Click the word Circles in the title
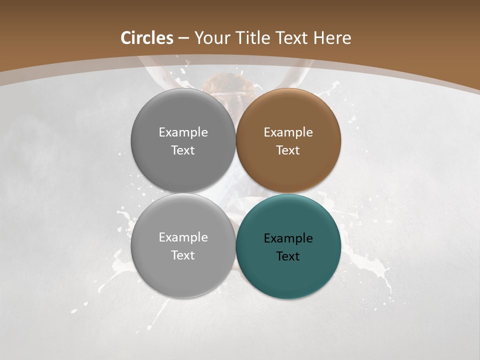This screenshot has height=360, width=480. coord(147,38)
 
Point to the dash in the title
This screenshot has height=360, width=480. coord(183,38)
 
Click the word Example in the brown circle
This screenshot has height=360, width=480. coord(288,132)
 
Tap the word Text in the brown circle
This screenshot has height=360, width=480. coord(288,150)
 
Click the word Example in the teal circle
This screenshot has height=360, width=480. coord(288,238)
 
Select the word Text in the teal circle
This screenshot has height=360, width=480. coord(288,256)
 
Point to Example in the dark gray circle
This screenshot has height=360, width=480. coord(183,132)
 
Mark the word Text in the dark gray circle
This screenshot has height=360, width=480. coord(183,150)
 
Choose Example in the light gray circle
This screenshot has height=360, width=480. coord(183,237)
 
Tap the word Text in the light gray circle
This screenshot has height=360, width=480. coord(183,255)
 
